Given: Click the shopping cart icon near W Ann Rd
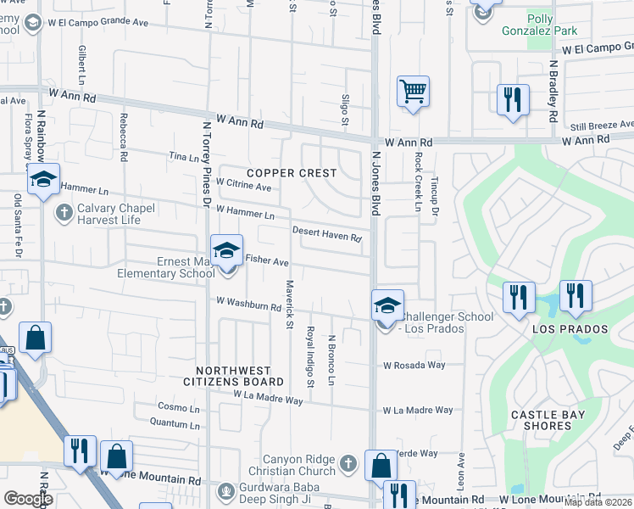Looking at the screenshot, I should pos(413,91).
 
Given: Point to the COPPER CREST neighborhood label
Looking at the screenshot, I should pos(292,173).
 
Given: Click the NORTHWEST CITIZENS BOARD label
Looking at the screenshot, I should pos(234,376).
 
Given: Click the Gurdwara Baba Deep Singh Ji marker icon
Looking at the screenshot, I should pos(225,490).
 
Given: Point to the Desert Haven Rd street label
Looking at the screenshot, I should pos(327,234).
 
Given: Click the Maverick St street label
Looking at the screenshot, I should pos(289,305).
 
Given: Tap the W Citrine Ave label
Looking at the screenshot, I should pos(243,186).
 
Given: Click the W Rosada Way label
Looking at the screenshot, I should pos(414,366).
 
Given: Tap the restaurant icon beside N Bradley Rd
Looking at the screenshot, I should pos(512,99).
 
